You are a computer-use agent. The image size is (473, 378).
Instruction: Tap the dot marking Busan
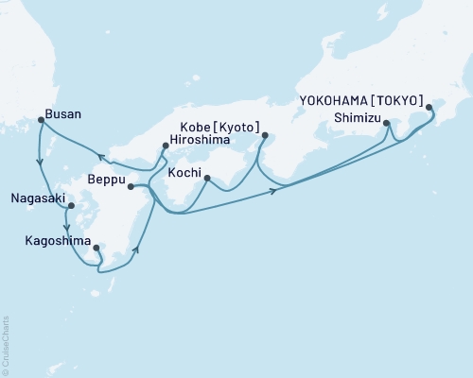tap(40, 119)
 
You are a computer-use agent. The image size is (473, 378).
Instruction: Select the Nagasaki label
tap(37, 199)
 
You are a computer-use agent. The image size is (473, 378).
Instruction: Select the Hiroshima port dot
tap(165, 145)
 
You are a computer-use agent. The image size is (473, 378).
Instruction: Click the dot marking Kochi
tap(206, 178)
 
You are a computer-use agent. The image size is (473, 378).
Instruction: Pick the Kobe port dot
tap(264, 135)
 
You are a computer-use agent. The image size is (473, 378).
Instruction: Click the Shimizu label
tap(358, 117)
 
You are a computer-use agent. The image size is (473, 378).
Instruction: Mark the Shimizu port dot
tap(386, 123)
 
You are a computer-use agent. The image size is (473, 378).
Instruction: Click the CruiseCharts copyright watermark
tap(6, 344)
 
